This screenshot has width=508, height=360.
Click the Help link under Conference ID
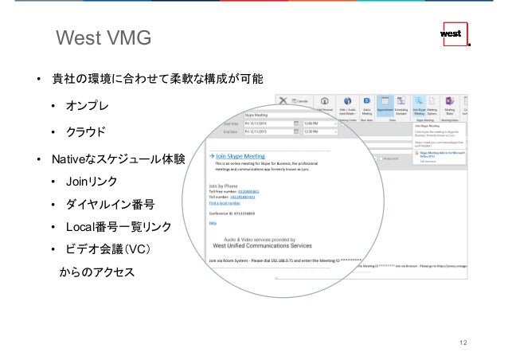(212, 224)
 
